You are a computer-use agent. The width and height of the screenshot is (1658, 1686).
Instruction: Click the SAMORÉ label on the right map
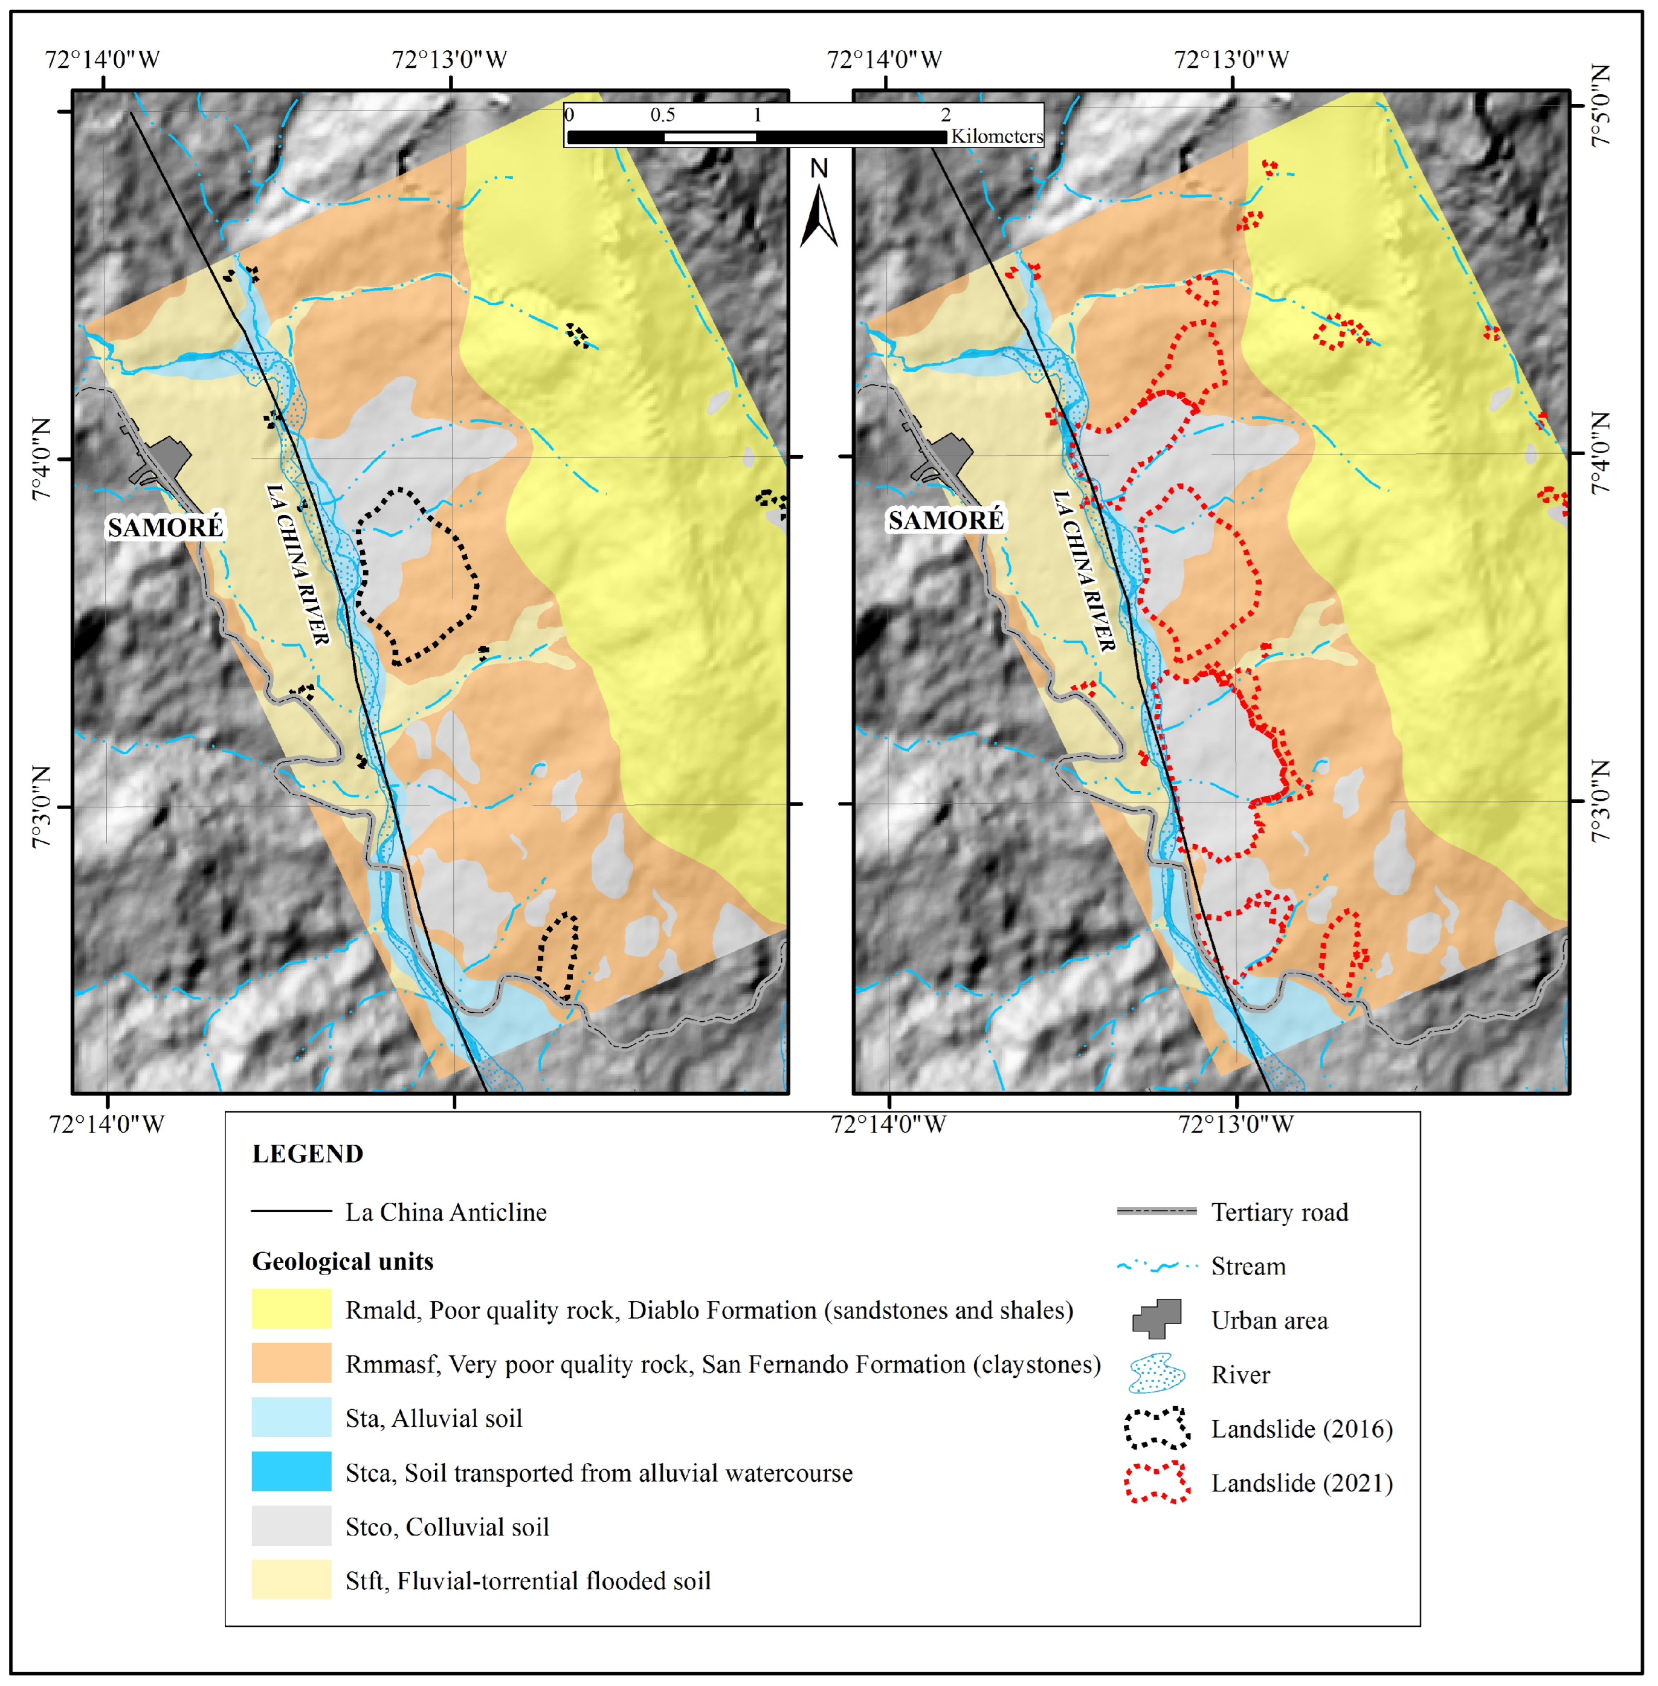coord(946,520)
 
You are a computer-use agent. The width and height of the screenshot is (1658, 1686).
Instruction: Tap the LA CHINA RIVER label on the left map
coord(298,564)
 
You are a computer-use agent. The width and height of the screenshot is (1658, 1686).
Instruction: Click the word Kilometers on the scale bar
coord(996,137)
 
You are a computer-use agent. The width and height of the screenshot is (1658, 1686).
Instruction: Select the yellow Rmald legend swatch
coord(291,1308)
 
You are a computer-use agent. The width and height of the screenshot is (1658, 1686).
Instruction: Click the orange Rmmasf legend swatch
coord(291,1362)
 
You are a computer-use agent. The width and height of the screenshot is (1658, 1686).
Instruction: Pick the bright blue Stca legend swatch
coord(291,1471)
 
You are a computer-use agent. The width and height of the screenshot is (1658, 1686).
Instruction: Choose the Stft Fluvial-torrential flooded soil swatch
coord(291,1579)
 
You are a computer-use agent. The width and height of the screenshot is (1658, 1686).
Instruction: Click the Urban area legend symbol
coord(1157,1319)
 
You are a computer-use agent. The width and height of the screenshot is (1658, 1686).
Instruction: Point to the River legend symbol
coord(1156,1374)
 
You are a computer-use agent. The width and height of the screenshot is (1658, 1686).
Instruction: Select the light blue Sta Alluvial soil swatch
coord(291,1417)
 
